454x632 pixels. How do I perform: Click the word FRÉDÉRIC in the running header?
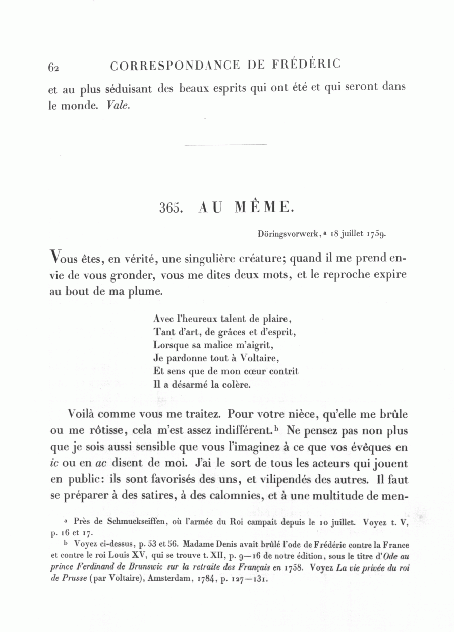pos(307,65)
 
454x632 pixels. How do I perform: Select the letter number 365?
pos(170,208)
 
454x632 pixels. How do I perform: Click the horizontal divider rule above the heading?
pos(225,145)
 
